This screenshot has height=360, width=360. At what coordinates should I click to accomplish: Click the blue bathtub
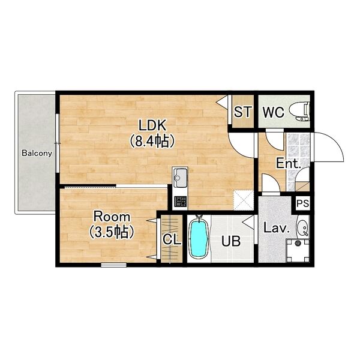coord(199,238)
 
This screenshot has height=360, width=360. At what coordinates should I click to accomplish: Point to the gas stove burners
coord(180,202)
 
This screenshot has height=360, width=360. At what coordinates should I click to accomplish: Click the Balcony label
coord(37,153)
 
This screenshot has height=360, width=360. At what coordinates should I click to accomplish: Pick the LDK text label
coord(152,125)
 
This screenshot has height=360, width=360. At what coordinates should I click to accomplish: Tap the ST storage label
coord(242,112)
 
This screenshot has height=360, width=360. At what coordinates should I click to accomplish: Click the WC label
coord(273,112)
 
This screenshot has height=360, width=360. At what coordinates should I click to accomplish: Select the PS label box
coord(302,203)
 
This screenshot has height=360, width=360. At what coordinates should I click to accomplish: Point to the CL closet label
coord(172,239)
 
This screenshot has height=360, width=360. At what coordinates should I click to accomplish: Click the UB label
coord(231,241)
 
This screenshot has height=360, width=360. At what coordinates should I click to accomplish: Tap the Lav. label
coord(276,228)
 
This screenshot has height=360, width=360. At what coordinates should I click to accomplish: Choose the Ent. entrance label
coord(289,163)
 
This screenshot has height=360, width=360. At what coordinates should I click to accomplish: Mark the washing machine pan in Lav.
coord(298,250)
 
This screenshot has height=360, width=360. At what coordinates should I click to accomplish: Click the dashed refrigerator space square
coord(244,200)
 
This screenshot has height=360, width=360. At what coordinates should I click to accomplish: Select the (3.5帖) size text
coord(112,232)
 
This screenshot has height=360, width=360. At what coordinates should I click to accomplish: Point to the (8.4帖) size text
coord(152,141)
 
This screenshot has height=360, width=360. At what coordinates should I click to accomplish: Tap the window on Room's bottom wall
coord(113,265)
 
